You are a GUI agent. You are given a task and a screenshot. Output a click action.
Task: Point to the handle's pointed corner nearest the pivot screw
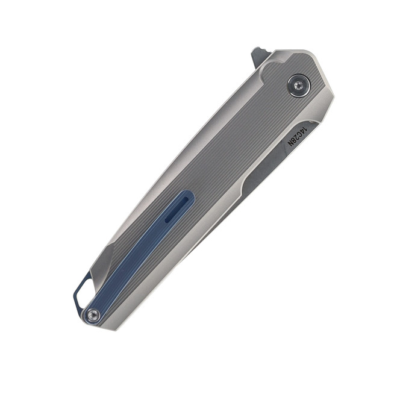point(333,92)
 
